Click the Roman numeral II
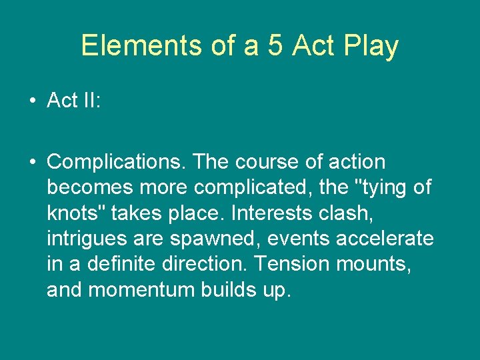[89, 101]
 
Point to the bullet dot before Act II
[32, 101]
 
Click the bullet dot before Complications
[32, 163]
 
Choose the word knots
[76, 213]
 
